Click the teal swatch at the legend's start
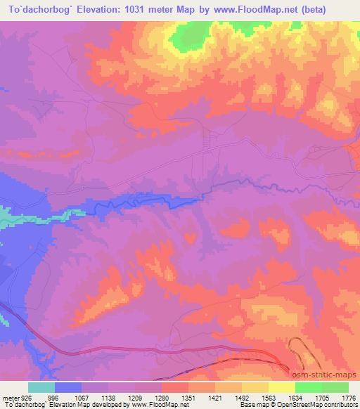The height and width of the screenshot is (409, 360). tap(41, 387)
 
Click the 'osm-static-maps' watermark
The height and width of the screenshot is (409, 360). tap(328, 375)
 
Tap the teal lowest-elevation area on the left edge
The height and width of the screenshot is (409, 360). tap(7, 223)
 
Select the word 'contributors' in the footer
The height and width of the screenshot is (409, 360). tap(342, 405)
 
